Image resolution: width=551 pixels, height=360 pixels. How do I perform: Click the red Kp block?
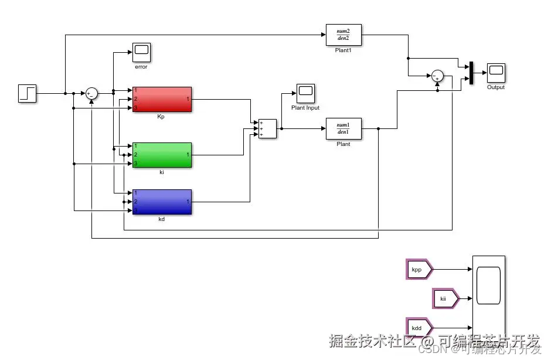[x=162, y=99]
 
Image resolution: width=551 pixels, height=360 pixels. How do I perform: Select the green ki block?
[x=162, y=155]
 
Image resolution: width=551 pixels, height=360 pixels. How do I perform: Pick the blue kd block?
[x=162, y=202]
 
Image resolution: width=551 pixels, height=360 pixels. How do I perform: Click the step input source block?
[x=28, y=93]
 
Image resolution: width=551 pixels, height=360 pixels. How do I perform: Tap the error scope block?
[x=141, y=52]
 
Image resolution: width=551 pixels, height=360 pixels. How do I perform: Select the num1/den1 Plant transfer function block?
[x=343, y=128]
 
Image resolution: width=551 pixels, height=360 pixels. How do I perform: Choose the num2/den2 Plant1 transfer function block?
[x=343, y=35]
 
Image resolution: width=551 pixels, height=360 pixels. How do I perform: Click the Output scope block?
[x=496, y=73]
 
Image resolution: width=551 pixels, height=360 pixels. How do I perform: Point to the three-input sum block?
[x=267, y=128]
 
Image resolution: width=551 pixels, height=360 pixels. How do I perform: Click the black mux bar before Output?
[x=471, y=73]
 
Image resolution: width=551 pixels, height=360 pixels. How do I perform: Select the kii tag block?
[x=445, y=298]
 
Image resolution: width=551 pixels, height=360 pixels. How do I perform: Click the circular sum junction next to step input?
[x=91, y=93]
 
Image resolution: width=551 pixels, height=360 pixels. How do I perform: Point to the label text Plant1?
[x=343, y=50]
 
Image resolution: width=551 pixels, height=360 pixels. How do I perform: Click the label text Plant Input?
[x=305, y=108]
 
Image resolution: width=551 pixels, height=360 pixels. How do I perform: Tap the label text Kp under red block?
[x=161, y=117]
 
